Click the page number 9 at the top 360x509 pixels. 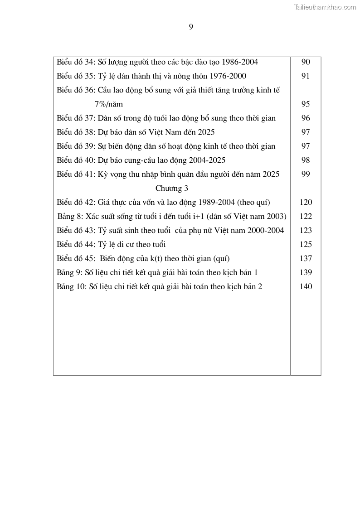[191, 27]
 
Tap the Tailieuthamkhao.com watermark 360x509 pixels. [325, 7]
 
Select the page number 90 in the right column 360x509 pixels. [306, 62]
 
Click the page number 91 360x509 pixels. [306, 76]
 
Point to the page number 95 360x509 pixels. [306, 104]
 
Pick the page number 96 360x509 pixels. [306, 118]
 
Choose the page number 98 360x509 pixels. [306, 160]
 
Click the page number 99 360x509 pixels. [306, 175]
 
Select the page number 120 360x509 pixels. [306, 203]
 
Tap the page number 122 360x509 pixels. [306, 217]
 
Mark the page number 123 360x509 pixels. [306, 231]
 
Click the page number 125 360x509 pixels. [306, 245]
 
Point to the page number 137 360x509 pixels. [306, 259]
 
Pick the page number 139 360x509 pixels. [306, 273]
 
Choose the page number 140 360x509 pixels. [306, 287]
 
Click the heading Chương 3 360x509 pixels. [172, 189]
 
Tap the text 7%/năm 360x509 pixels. [109, 104]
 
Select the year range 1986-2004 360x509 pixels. [237, 62]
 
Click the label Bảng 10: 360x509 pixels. [72, 287]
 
